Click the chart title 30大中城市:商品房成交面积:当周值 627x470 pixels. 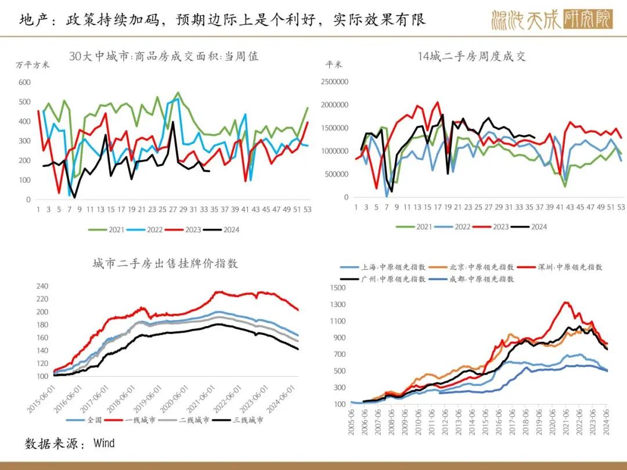point(164,56)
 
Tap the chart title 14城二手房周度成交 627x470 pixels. point(471,56)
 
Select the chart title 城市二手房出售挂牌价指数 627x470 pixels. point(165,263)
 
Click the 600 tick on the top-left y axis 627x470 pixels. point(24,82)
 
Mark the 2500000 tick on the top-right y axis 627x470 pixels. point(334,82)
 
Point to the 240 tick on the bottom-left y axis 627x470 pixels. point(41,286)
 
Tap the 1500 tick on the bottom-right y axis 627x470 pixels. point(337,288)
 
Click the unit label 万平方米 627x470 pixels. point(33,64)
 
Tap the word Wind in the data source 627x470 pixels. point(105,444)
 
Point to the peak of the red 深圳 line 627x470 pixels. point(565,302)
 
